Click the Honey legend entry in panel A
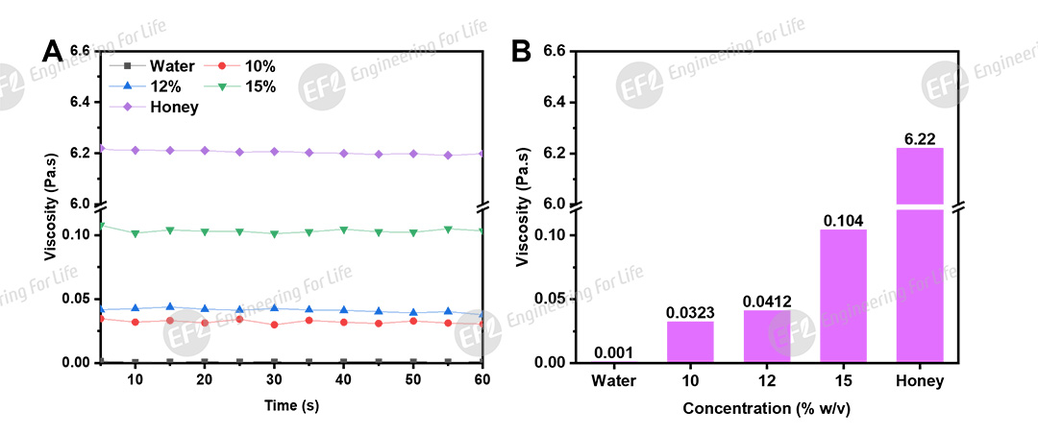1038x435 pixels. click(x=173, y=107)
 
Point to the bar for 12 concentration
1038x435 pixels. click(x=767, y=335)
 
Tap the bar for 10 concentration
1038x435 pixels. click(x=691, y=341)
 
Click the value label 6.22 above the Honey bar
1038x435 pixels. click(x=919, y=140)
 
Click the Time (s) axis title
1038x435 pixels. click(x=292, y=405)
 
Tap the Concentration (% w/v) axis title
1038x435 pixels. click(x=767, y=408)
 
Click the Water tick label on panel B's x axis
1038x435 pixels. click(x=614, y=381)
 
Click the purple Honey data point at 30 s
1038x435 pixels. click(x=274, y=151)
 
